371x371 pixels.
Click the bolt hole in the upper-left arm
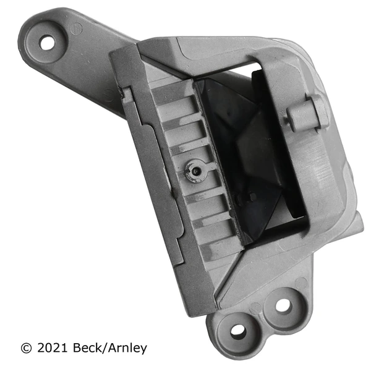tap(47, 43)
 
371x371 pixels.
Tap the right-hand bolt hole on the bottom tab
tap(282, 305)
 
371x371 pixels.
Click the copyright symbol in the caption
tap(25, 348)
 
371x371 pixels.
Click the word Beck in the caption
tap(90, 348)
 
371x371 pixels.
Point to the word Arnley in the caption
tap(129, 348)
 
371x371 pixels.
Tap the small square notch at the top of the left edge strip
tap(127, 94)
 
